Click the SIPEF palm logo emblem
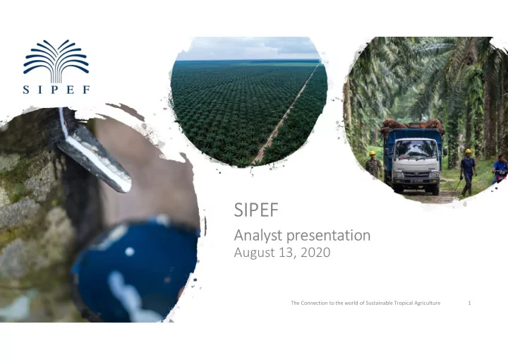[56, 61]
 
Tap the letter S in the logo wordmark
[26, 90]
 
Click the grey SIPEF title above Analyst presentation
[256, 210]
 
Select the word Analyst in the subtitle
[258, 236]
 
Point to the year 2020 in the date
[315, 253]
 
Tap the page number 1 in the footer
[469, 303]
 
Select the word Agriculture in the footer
[428, 303]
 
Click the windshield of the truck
[416, 149]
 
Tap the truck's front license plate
[416, 181]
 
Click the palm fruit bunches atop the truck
[412, 125]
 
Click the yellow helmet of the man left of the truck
[373, 153]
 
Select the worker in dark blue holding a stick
[468, 172]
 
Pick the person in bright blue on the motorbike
[500, 169]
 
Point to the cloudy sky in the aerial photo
[248, 49]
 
